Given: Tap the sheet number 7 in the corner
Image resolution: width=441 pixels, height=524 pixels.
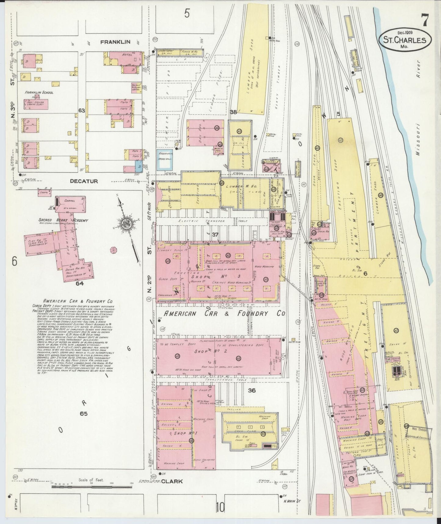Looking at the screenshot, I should click(x=425, y=20).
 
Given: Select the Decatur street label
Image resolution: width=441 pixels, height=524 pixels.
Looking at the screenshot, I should click(x=84, y=181).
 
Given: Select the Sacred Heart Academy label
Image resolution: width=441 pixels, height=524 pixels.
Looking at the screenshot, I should click(x=63, y=220).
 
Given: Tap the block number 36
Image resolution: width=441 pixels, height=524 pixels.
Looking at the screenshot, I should click(x=251, y=390).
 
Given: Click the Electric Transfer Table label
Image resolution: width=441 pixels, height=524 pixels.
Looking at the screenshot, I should click(x=206, y=221).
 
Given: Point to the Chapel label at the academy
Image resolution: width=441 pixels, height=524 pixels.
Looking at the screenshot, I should click(x=70, y=201).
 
